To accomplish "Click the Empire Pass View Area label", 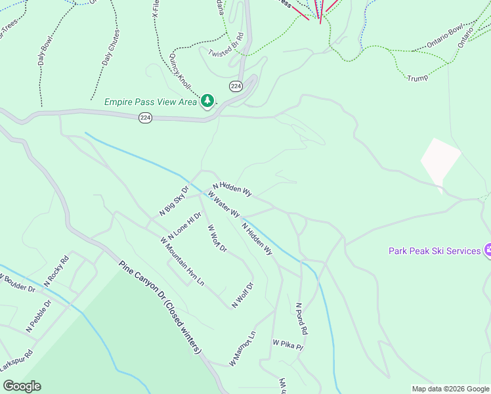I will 150,102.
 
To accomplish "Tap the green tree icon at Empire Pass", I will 207,101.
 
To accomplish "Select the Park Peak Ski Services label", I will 435,251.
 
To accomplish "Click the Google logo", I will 22,386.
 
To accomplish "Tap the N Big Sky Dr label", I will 174,202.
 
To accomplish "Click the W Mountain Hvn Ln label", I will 182,261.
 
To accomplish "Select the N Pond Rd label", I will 301,319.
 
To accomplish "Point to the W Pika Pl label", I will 289,344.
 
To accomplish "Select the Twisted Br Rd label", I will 226,45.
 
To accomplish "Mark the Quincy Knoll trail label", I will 180,72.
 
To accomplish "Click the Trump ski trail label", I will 417,77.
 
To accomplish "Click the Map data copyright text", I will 450,389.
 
